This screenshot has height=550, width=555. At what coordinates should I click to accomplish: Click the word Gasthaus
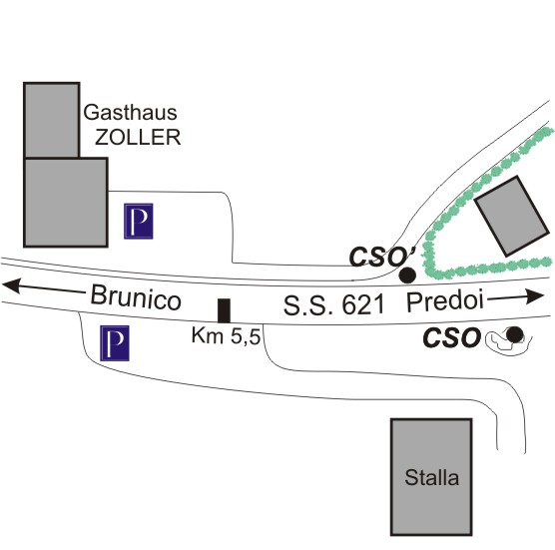(130, 112)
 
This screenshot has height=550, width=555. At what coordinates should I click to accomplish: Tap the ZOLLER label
(138, 137)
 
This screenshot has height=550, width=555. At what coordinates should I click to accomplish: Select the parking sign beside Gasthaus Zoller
(139, 222)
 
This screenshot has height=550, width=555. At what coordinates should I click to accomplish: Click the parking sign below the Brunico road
(115, 343)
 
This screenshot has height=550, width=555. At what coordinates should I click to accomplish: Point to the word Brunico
(136, 298)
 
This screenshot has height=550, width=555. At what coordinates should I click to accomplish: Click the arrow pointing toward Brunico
(44, 287)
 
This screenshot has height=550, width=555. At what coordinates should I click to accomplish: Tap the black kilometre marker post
(224, 310)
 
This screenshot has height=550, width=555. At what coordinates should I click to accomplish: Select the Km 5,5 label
(226, 335)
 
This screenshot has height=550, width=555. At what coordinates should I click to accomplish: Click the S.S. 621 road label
(333, 305)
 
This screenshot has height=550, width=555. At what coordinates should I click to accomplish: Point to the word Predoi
(445, 301)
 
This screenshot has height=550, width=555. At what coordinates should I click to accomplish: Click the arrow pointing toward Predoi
(516, 297)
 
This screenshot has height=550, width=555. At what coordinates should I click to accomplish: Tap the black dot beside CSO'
(407, 275)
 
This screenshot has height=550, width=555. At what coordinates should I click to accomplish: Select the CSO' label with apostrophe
(382, 257)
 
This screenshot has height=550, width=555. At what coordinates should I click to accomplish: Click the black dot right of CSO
(514, 334)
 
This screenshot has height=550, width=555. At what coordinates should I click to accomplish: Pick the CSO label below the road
(451, 337)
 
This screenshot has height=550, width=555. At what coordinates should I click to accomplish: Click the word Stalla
(432, 477)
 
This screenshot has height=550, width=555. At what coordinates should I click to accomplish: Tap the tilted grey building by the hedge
(512, 216)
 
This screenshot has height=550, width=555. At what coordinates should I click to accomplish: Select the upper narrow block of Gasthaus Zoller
(51, 120)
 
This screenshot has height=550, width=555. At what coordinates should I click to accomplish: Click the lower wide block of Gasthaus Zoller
(66, 202)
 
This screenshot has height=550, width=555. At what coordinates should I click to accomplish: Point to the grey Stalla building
(431, 477)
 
